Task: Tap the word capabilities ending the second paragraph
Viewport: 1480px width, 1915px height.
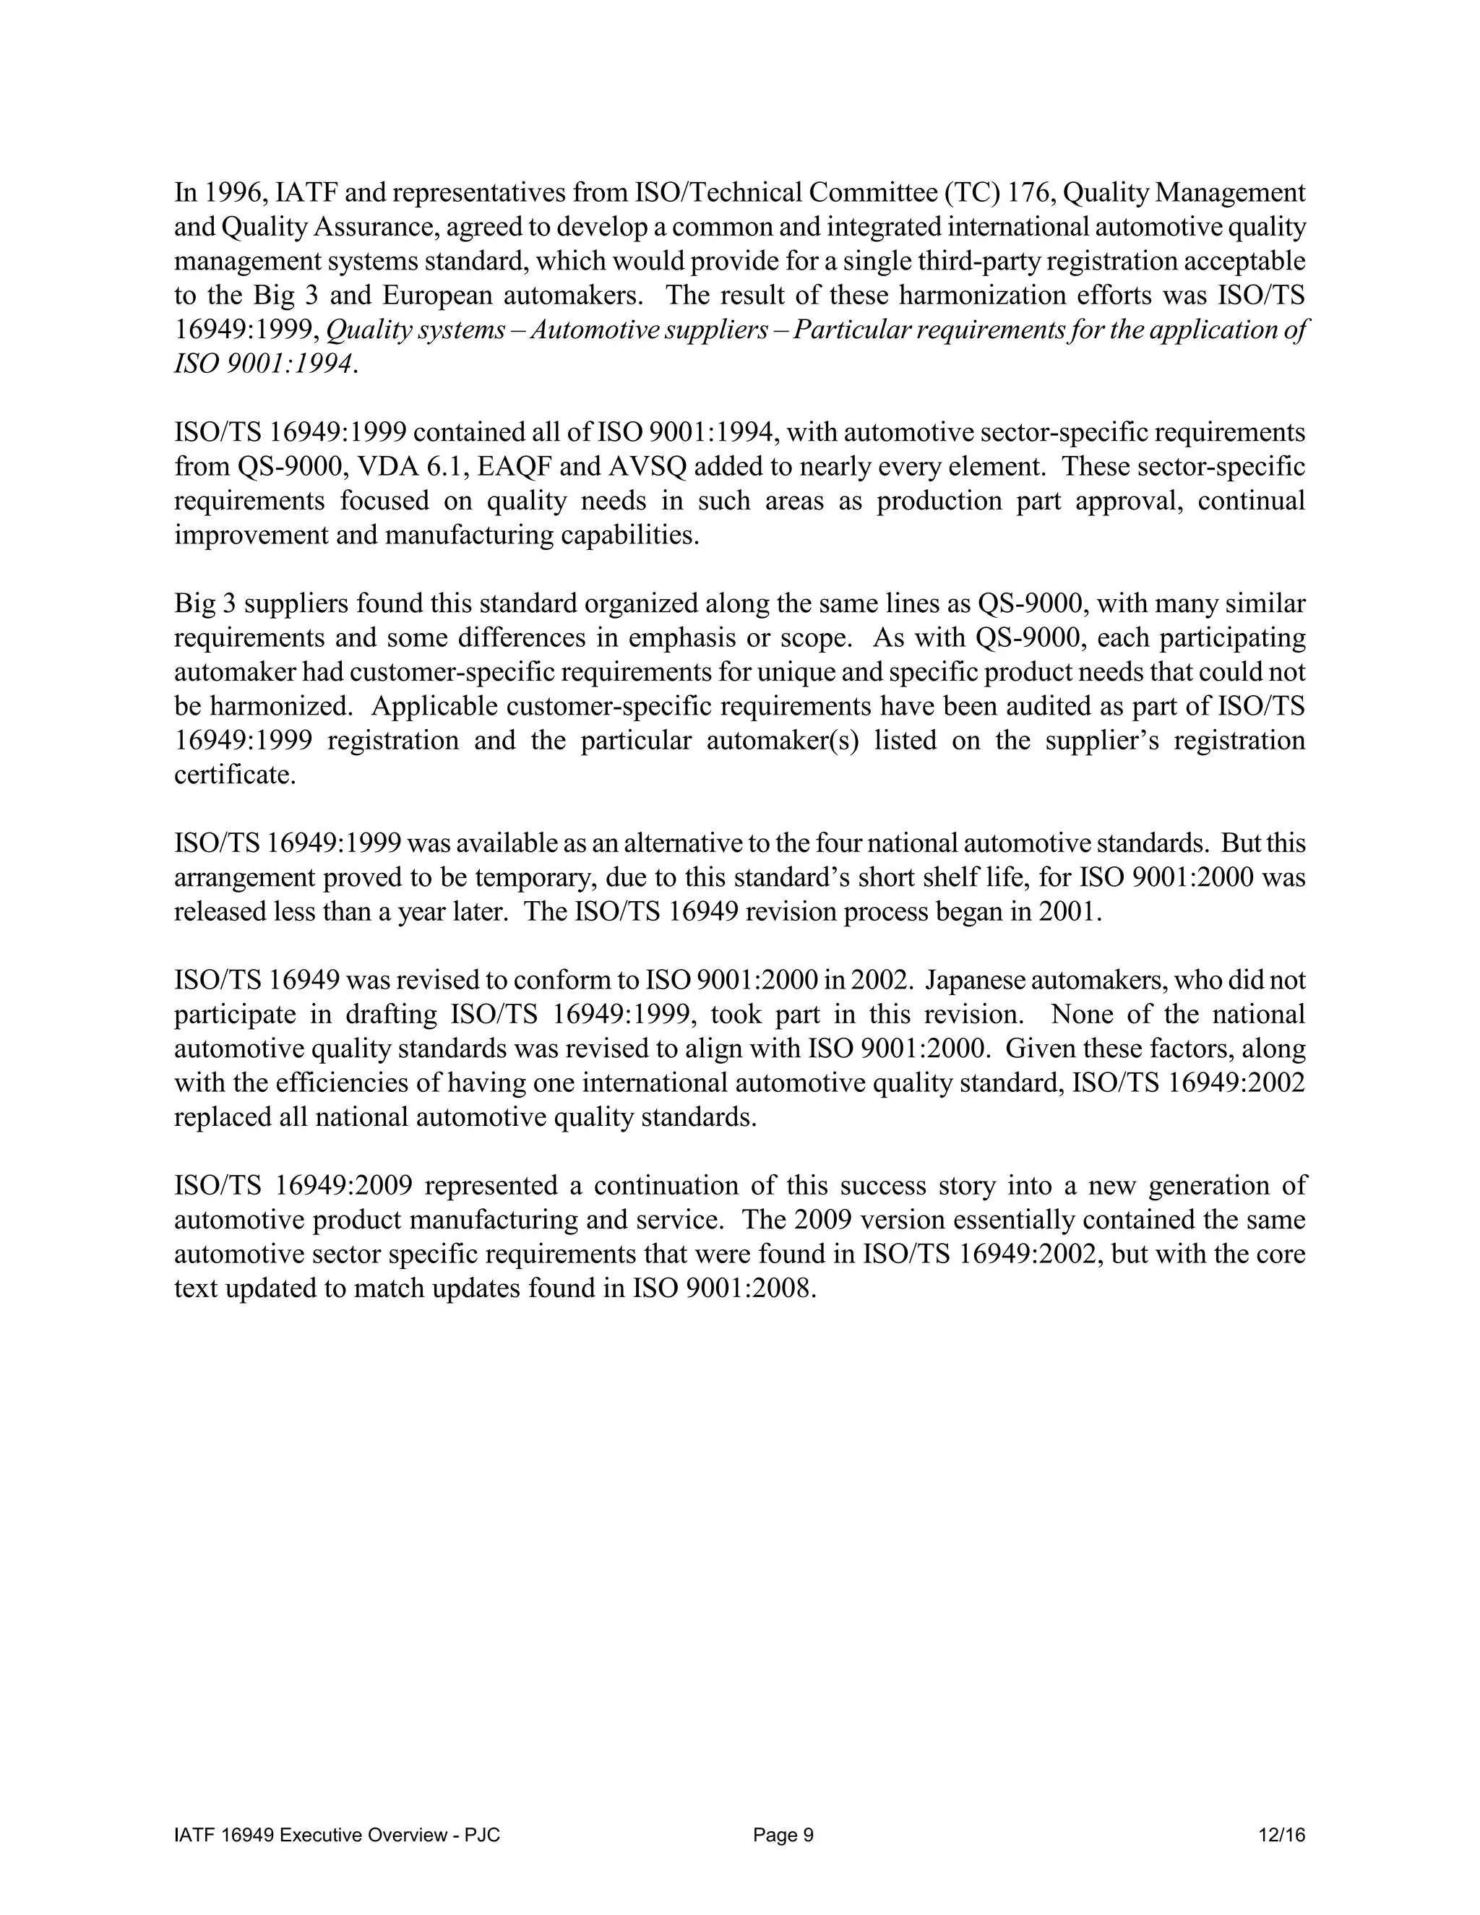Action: pos(628,535)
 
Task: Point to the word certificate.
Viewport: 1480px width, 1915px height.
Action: pos(233,775)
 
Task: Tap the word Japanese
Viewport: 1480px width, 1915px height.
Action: pos(983,981)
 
